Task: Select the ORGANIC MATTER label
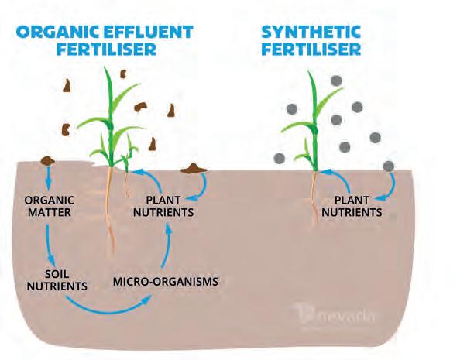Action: pos(47,203)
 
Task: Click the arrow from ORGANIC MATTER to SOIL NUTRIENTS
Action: pos(50,240)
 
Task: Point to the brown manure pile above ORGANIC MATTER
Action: pos(49,159)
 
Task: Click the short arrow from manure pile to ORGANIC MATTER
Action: pos(49,179)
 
